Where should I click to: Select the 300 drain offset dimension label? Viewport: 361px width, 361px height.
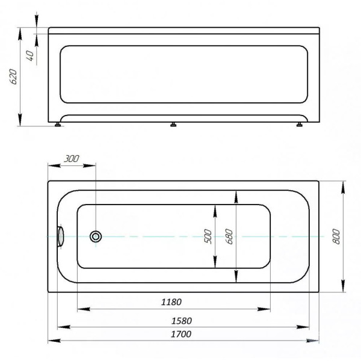[x=71, y=159]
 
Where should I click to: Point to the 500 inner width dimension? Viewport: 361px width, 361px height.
[x=208, y=236]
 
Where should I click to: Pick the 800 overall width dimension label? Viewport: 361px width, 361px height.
[x=336, y=236]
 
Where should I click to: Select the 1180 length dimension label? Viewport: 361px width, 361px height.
[x=171, y=301]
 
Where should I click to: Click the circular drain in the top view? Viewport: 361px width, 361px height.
[x=95, y=236]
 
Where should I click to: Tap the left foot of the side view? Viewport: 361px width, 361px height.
[x=58, y=125]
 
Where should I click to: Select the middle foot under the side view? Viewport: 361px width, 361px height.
[x=173, y=125]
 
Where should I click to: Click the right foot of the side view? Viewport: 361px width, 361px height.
[x=298, y=125]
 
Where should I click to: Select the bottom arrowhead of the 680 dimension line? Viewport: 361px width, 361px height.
[x=236, y=278]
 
